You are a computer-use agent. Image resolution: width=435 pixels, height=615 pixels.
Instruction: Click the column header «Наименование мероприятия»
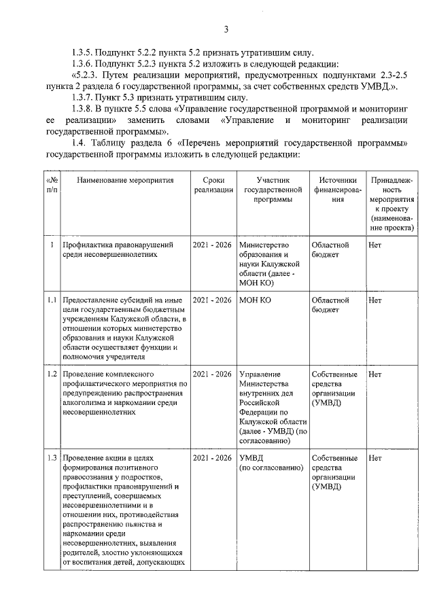click(x=125, y=181)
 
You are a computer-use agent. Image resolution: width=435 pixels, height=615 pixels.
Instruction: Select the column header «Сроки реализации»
click(x=211, y=186)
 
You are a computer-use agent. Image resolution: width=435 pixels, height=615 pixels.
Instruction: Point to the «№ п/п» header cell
click(x=52, y=186)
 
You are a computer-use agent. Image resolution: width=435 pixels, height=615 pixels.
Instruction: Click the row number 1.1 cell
click(x=52, y=300)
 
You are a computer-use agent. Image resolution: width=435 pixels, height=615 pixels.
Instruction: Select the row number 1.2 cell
click(x=52, y=374)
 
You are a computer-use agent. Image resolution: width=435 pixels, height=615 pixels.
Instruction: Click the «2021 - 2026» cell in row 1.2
click(x=211, y=374)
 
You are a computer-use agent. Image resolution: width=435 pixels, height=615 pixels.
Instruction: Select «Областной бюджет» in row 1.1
click(x=330, y=304)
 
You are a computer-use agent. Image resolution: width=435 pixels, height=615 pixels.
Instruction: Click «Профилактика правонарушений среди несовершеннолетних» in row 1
click(x=116, y=249)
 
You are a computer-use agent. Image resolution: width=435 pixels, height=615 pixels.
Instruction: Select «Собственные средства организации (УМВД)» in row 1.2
click(x=334, y=389)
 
